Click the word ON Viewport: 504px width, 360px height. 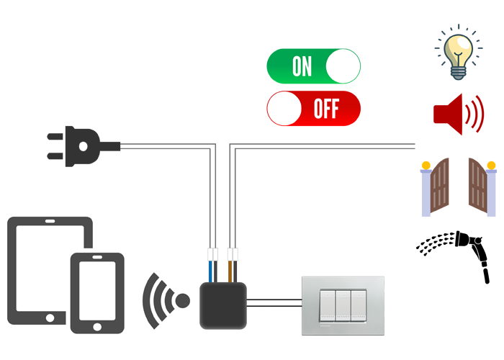tap(302, 67)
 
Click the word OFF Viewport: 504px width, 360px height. tap(326, 109)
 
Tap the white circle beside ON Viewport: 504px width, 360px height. tap(342, 66)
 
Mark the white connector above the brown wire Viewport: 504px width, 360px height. tap(232, 255)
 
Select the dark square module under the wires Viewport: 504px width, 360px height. tap(222, 306)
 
